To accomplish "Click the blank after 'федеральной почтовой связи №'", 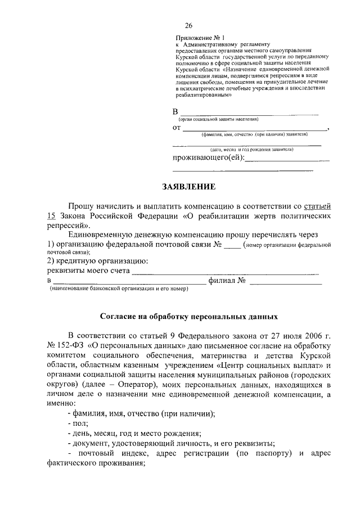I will pyautogui.click(x=232, y=246).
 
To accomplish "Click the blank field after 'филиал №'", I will pyautogui.click(x=286, y=281).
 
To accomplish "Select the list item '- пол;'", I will pyautogui.click(x=78, y=424).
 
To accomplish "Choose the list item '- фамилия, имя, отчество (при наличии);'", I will pyautogui.click(x=141, y=413).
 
